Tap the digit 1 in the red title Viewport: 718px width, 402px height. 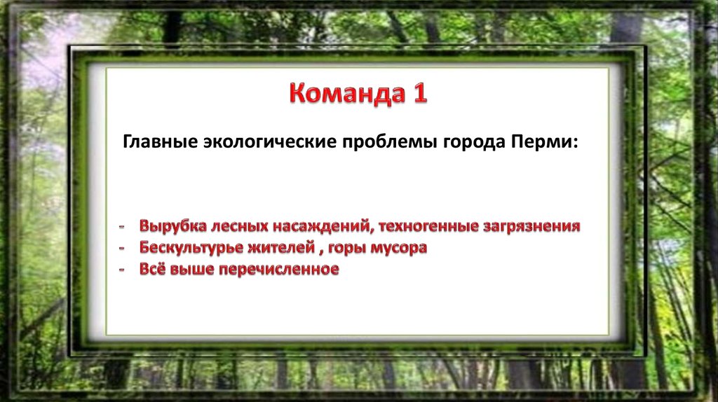click(x=421, y=93)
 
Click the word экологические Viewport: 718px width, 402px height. click(x=270, y=142)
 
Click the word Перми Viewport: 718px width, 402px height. click(x=542, y=141)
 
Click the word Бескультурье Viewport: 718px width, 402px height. click(x=191, y=247)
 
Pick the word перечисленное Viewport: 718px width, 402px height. click(x=279, y=269)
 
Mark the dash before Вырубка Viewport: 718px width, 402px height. click(x=122, y=227)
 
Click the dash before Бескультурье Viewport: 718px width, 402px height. click(x=122, y=249)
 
